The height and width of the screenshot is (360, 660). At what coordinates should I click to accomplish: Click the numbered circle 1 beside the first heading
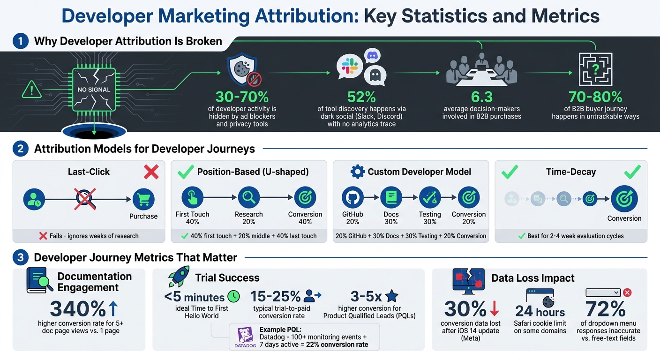(x=20, y=41)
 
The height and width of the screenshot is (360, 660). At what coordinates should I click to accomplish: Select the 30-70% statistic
(x=242, y=97)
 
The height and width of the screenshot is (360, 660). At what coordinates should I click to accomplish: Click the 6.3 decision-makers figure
(x=481, y=97)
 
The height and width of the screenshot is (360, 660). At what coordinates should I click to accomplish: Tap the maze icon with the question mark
(x=595, y=69)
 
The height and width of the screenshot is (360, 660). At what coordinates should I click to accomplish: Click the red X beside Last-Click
(x=151, y=172)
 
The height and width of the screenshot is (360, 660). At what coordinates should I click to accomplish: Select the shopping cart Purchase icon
(x=143, y=199)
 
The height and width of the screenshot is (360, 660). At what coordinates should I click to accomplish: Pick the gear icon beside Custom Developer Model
(x=357, y=172)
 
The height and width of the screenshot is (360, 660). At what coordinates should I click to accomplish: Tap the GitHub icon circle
(x=352, y=197)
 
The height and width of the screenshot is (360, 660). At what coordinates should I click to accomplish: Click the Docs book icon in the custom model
(x=391, y=197)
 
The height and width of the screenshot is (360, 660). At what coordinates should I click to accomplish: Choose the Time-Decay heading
(x=570, y=172)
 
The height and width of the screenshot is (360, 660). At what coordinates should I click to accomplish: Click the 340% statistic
(x=78, y=309)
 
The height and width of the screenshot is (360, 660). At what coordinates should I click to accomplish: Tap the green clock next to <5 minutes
(x=233, y=296)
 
